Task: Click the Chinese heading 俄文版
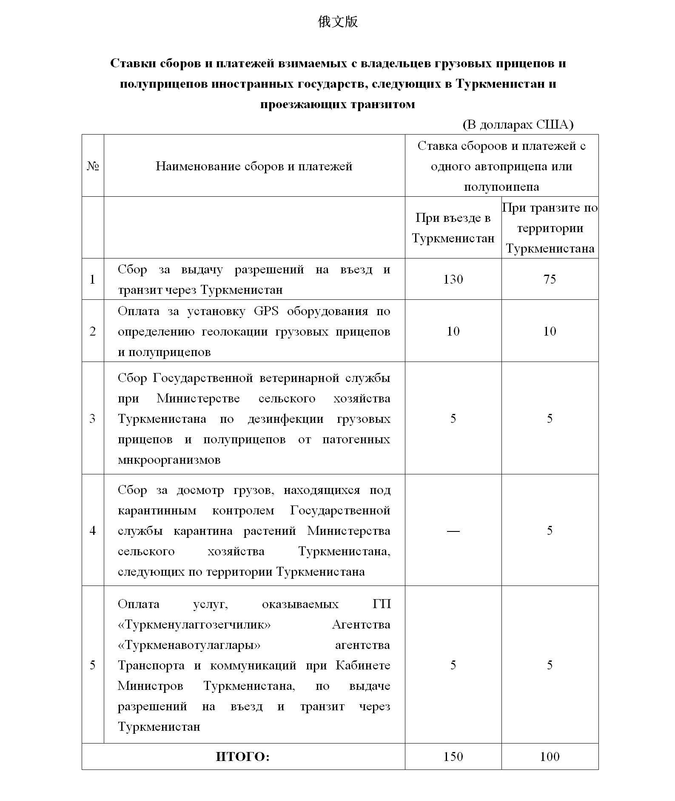point(338,22)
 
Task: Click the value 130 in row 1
point(453,279)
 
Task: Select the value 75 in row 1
point(550,279)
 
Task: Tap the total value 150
point(453,757)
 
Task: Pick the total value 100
point(550,757)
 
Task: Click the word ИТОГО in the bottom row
point(242,757)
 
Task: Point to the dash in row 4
point(453,531)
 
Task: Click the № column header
point(93,166)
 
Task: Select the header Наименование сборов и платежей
point(254,166)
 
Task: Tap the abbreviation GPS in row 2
point(266,311)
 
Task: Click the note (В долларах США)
point(518,124)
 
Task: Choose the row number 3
point(93,419)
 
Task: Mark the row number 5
point(93,665)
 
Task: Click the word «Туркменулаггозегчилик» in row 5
point(194,625)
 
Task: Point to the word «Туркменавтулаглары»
point(189,645)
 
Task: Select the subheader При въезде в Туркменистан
point(453,228)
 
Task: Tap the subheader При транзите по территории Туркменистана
point(550,228)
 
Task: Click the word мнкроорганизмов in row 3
point(169,460)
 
